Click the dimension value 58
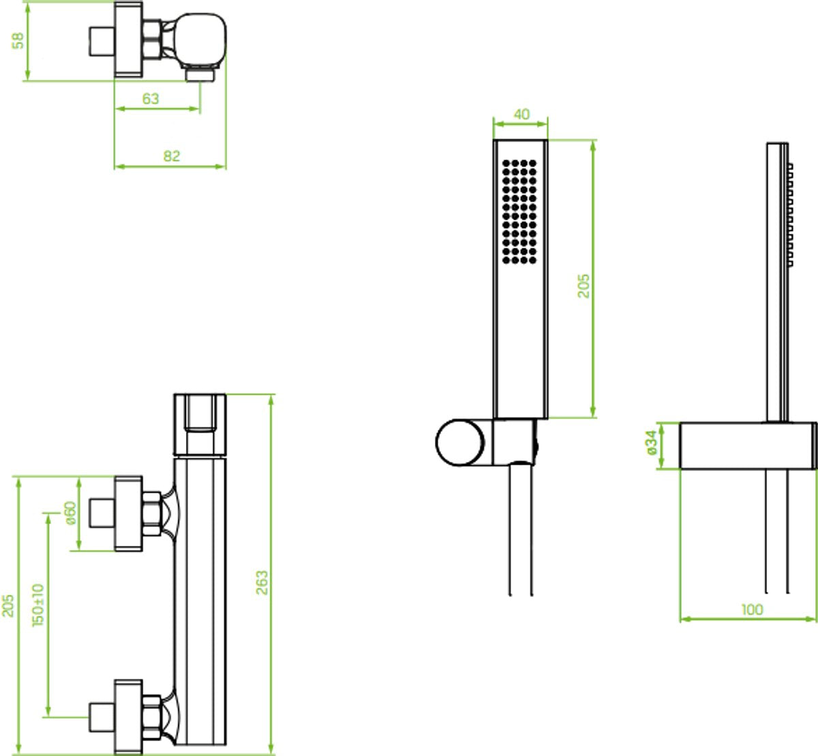[18, 41]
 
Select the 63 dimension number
[151, 99]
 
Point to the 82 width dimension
[171, 156]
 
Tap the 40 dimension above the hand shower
[521, 114]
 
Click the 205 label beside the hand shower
[584, 286]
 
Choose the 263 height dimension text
[262, 583]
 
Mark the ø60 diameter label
[70, 512]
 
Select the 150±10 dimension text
[38, 605]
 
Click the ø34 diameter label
[651, 442]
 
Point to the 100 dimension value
[752, 609]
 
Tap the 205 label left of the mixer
[7, 605]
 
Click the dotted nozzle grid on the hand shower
[519, 212]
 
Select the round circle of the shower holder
[459, 442]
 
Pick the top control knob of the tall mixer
[200, 425]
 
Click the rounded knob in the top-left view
[200, 40]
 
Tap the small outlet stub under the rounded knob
[200, 75]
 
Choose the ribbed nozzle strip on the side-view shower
[790, 214]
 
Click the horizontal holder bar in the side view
[748, 446]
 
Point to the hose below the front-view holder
[521, 530]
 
